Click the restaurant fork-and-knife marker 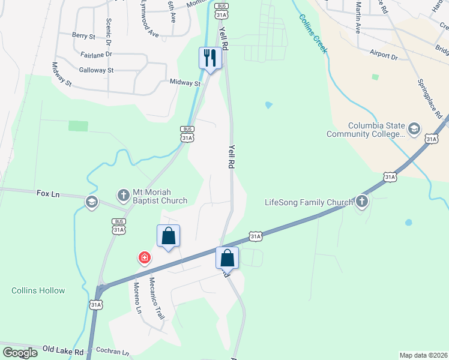[x=210, y=58]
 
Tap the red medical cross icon [x=144, y=258]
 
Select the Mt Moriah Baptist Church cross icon [x=123, y=195]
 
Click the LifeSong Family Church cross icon [x=362, y=202]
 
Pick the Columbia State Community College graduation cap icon [x=414, y=129]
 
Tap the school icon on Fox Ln [x=91, y=201]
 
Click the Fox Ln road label [x=48, y=194]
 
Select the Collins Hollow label [x=38, y=290]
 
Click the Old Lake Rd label [x=63, y=349]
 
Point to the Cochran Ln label [x=112, y=353]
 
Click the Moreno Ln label [x=137, y=298]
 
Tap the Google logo [x=20, y=352]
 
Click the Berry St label [x=83, y=36]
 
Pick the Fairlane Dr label [x=96, y=54]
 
